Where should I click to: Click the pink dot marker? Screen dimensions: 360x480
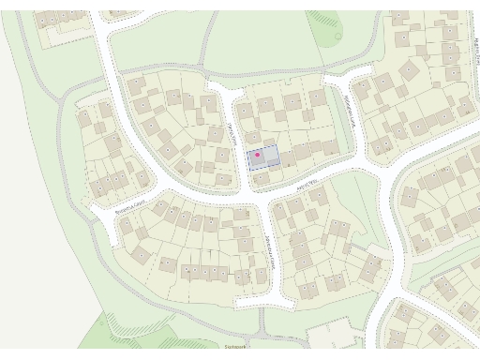point(258,155)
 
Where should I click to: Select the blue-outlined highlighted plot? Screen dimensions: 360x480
point(263,157)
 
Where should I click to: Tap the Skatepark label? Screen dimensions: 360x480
point(233,345)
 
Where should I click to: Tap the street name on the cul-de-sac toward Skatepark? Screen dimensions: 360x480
point(268,252)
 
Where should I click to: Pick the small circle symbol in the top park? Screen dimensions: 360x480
point(337,37)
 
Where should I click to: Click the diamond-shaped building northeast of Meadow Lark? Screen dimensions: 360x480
point(409,70)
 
